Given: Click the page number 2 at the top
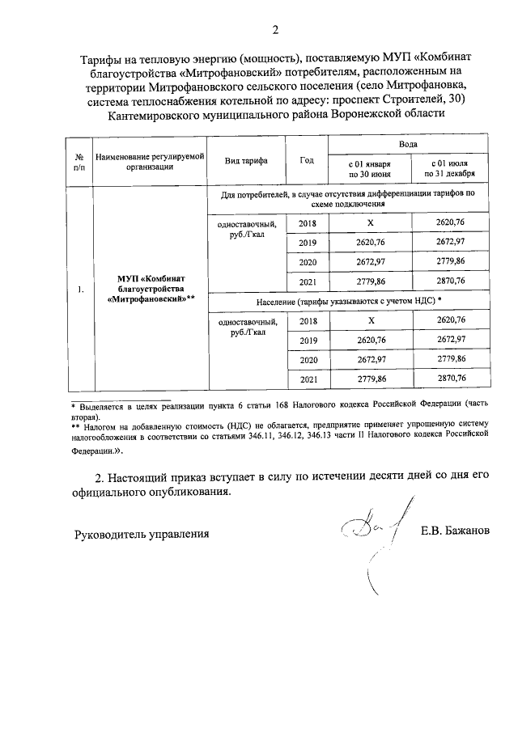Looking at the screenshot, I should click(x=275, y=32).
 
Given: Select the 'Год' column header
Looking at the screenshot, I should click(x=307, y=160).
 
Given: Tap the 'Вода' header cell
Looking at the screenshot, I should click(x=409, y=142).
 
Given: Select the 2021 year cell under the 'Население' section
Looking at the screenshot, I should click(x=308, y=378).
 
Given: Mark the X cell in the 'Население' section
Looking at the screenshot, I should click(x=369, y=320).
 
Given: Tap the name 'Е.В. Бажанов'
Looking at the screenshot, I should click(x=455, y=531).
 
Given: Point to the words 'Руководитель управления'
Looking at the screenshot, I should click(x=142, y=534).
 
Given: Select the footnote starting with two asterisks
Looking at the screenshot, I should click(x=279, y=434).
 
